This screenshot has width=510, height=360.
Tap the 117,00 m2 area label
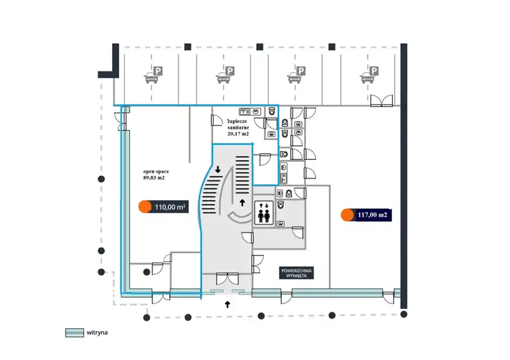pos(373,215)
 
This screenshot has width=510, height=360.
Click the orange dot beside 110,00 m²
pos(145,206)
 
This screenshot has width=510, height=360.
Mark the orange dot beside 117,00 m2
pos(347,215)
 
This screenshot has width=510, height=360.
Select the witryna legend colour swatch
pos(75,332)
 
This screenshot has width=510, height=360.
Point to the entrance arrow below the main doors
pos(228,305)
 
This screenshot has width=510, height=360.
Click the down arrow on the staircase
pos(218,169)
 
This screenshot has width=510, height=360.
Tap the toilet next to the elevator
pos(289,192)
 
